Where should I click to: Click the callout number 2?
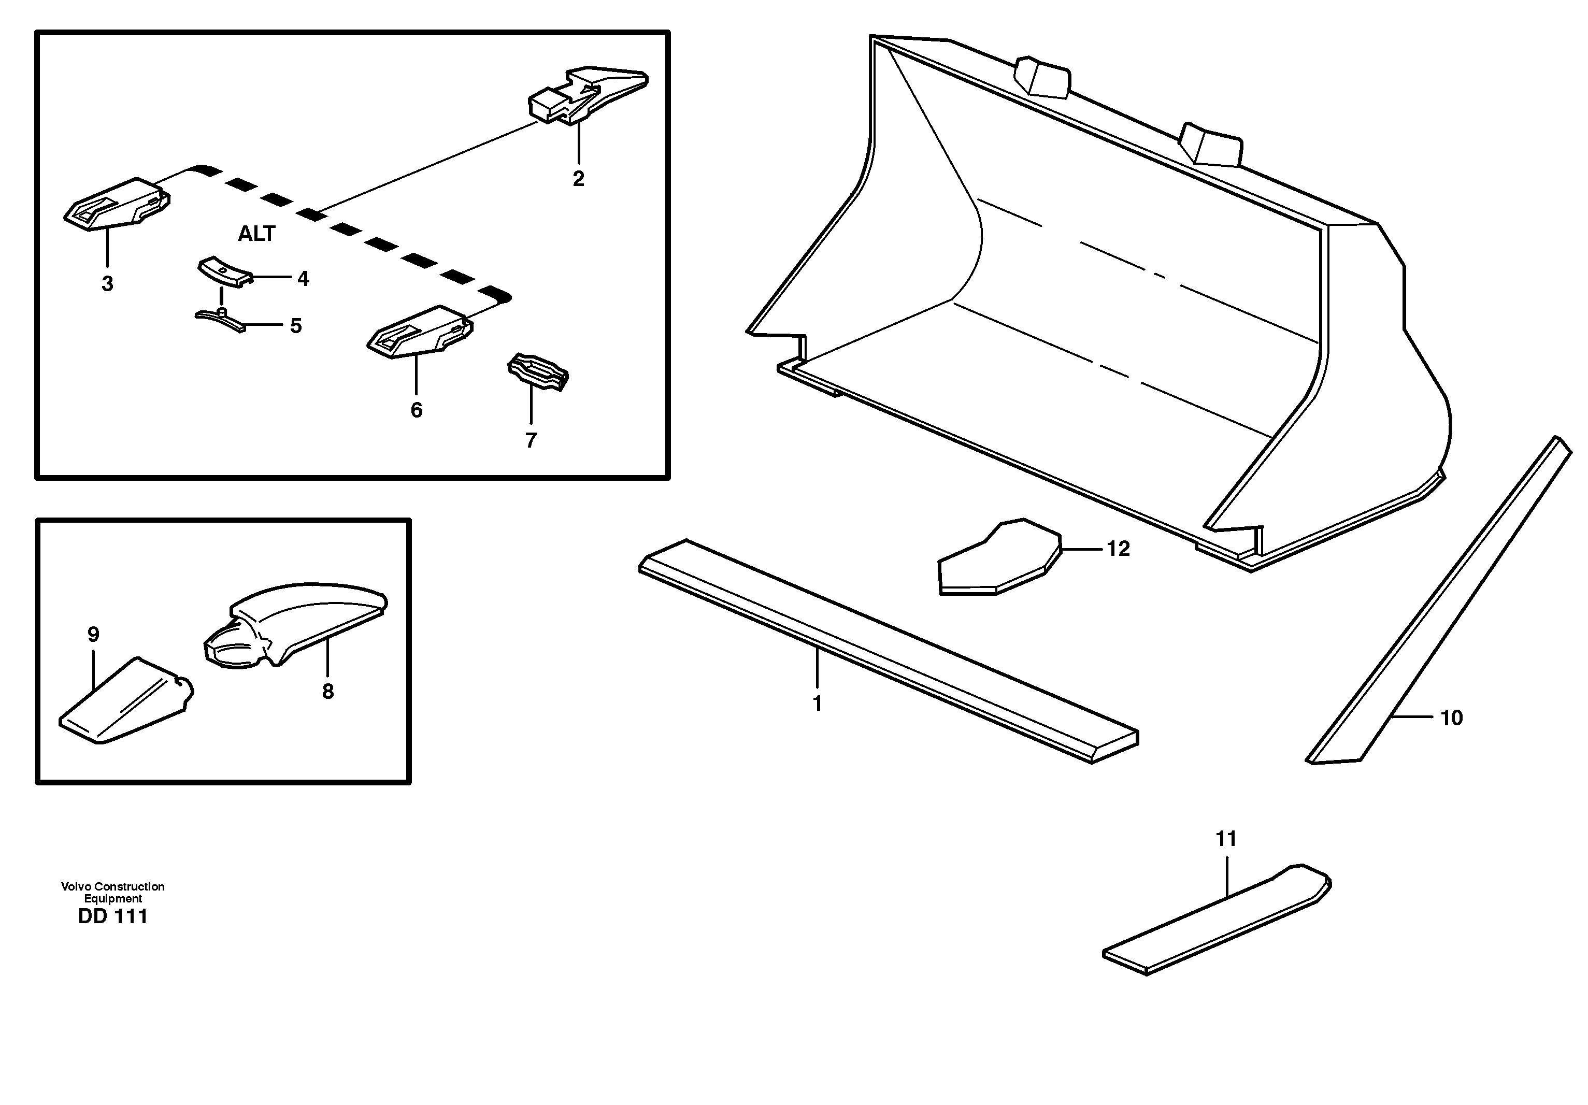point(578,178)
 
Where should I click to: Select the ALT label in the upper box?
point(256,234)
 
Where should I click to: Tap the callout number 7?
point(531,440)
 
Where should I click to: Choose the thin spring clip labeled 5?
point(220,321)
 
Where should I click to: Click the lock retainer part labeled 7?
point(539,372)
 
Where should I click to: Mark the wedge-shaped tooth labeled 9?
point(124,704)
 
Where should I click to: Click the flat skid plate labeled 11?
point(1217,920)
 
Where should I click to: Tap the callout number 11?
point(1226,839)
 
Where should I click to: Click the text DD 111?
point(113,917)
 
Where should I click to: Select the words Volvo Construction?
point(113,886)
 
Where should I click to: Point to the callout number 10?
point(1451,719)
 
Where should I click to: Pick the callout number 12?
point(1119,549)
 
